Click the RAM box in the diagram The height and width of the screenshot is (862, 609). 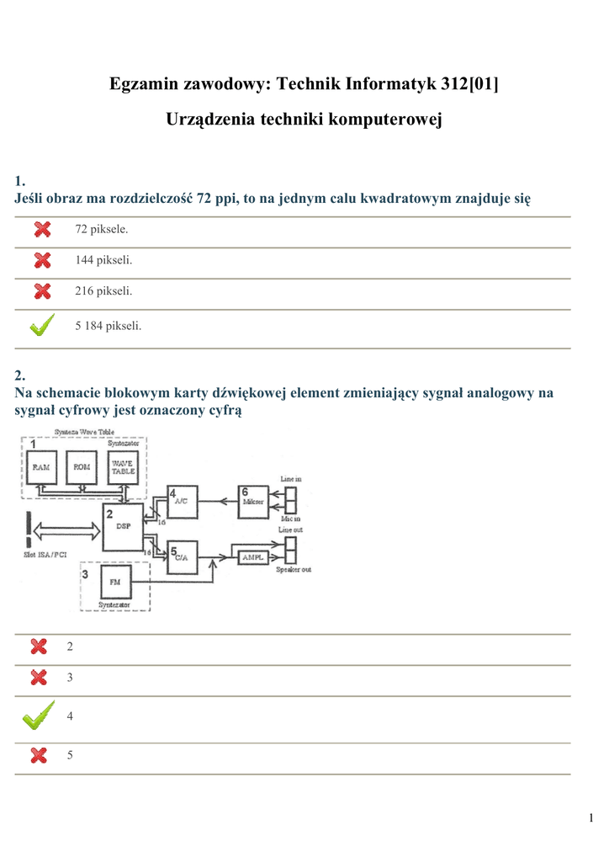point(40,467)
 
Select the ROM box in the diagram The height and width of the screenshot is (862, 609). point(82,467)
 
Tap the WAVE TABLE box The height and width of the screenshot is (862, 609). point(123,467)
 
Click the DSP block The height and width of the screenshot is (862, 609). point(123,527)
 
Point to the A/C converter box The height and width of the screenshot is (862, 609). point(182,503)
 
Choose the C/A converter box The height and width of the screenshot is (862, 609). point(182,557)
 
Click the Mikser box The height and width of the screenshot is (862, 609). point(252,503)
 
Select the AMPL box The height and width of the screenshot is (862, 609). point(252,557)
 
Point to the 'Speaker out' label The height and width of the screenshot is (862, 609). point(294,570)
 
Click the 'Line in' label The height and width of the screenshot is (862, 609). point(291,479)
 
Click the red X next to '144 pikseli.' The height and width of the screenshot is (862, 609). point(42,260)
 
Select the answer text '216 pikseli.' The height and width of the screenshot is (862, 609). point(103,291)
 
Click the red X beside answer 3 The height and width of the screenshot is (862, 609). point(39,677)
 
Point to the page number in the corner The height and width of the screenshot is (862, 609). point(591,818)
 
